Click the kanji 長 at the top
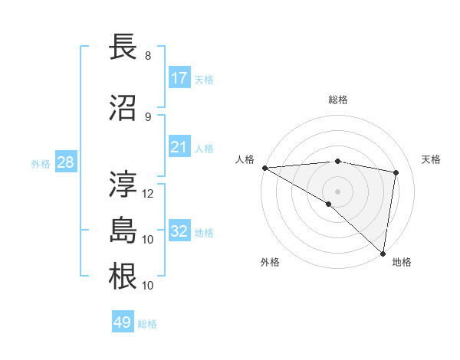click(x=125, y=47)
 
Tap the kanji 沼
click(x=125, y=108)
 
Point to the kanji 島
click(x=125, y=231)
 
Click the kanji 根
click(x=125, y=277)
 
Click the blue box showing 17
click(x=179, y=78)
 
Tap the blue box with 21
click(x=179, y=147)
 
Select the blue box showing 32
click(x=179, y=231)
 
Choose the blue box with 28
click(x=65, y=162)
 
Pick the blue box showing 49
click(x=123, y=323)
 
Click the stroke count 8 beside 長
click(x=148, y=56)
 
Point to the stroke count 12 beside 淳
click(x=149, y=194)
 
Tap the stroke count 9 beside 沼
click(x=148, y=117)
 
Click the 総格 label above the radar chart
click(x=338, y=100)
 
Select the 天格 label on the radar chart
click(x=432, y=159)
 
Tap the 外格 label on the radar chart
click(x=270, y=262)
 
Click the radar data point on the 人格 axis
click(x=264, y=168)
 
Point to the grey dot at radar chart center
click(x=337, y=191)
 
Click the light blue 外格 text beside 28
click(x=41, y=163)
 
